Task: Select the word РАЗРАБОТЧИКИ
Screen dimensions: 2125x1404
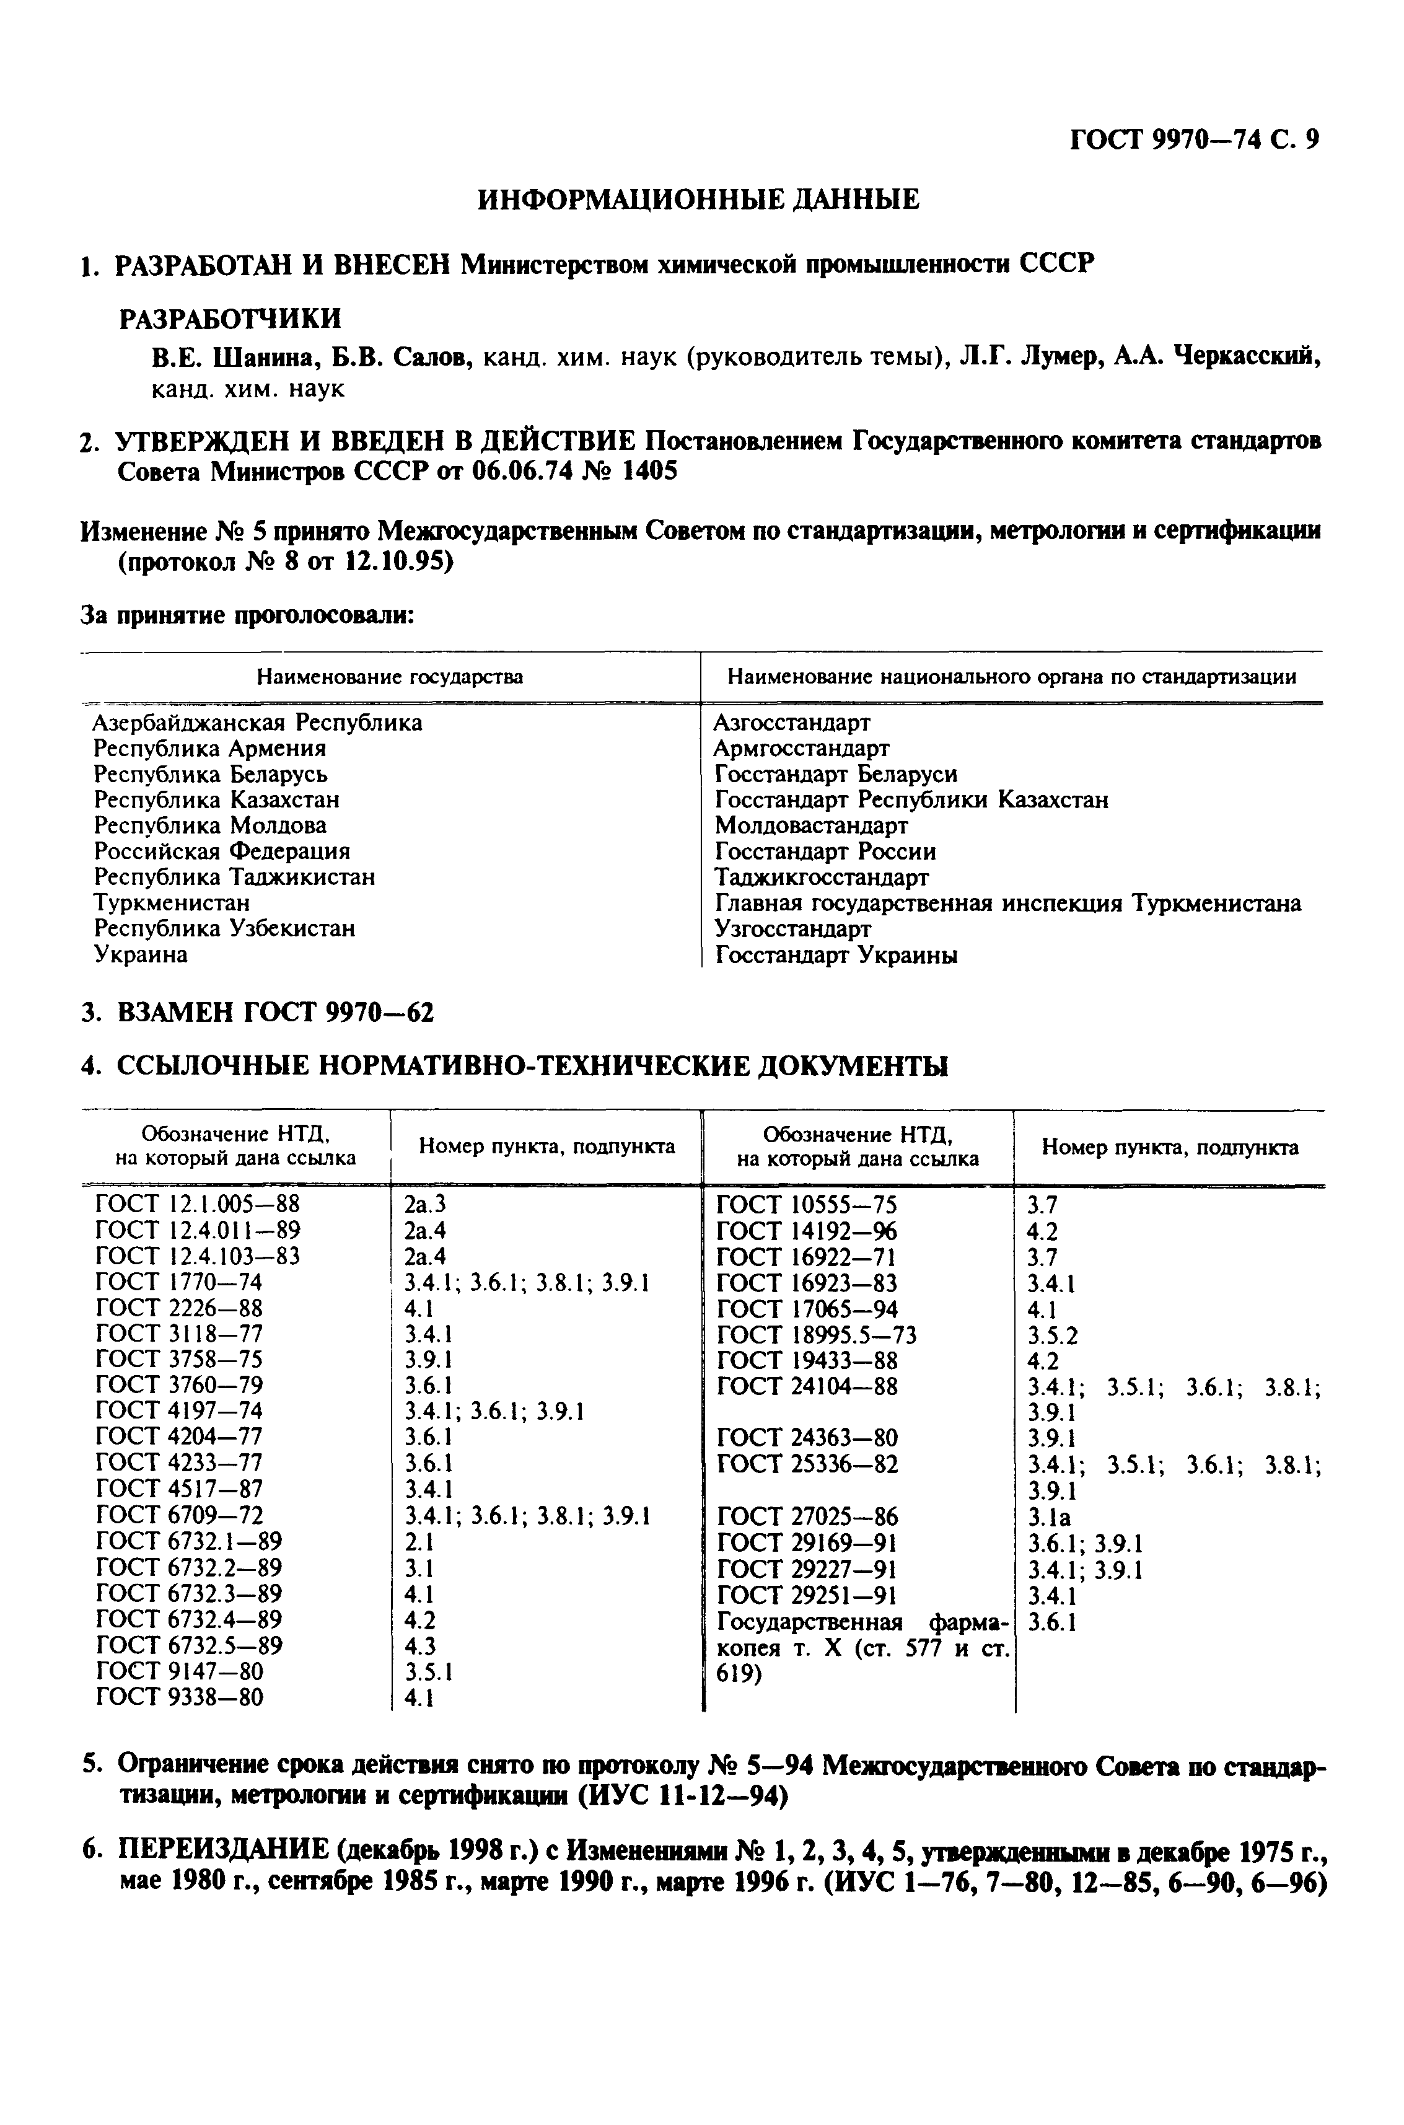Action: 230,318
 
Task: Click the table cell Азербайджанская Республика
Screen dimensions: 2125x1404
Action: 258,722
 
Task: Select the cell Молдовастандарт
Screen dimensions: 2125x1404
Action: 810,825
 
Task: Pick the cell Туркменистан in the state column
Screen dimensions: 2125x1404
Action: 172,903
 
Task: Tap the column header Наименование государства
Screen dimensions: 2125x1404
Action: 390,677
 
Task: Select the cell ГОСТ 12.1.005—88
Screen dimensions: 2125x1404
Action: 197,1203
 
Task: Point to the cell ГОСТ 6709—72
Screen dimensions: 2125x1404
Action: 179,1515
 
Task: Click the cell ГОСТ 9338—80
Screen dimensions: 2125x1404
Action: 179,1696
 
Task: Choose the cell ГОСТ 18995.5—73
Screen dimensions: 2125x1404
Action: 817,1335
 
